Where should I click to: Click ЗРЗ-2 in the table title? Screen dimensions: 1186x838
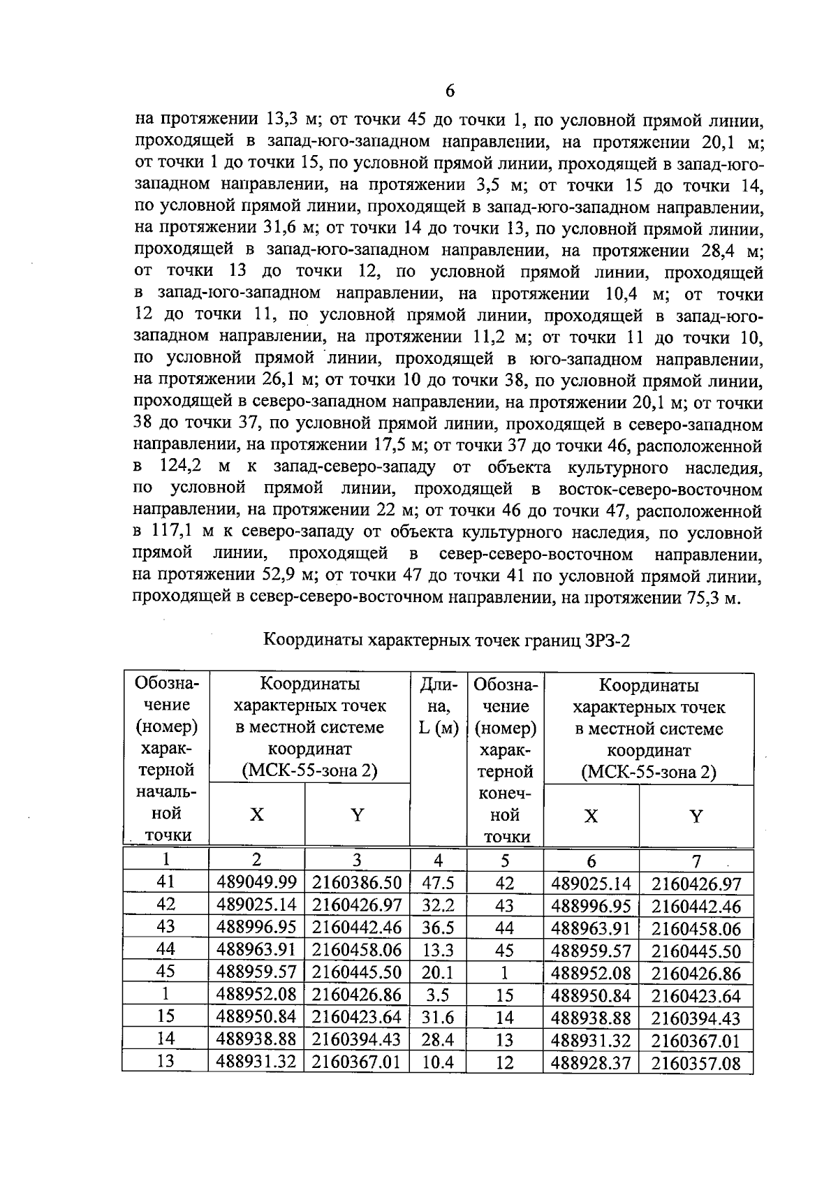pos(605,640)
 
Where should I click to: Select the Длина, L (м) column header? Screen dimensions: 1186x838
pos(438,707)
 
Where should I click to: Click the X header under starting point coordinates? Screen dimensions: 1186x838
pos(257,815)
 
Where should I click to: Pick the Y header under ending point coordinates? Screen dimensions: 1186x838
pos(696,817)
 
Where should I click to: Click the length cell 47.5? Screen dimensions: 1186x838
pos(438,883)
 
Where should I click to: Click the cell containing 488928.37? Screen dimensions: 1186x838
pos(591,1063)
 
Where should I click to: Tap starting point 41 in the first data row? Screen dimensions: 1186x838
pos(166,882)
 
